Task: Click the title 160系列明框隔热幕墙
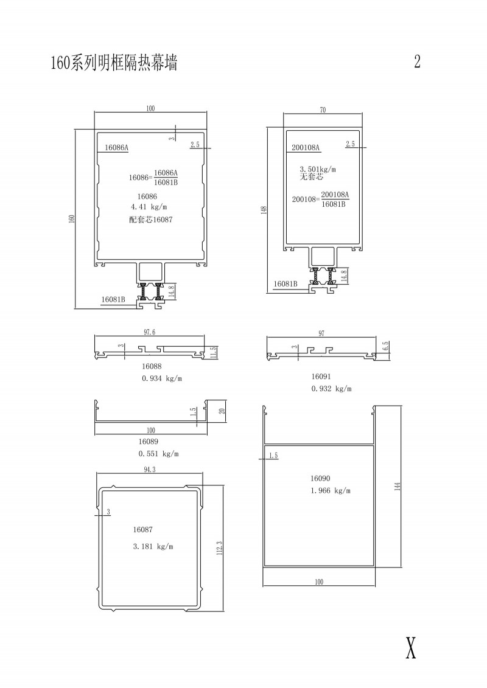click(x=114, y=62)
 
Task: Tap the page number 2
click(x=417, y=61)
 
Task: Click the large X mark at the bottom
click(x=410, y=647)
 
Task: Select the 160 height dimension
click(x=72, y=218)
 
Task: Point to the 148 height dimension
click(x=264, y=210)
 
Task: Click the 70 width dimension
click(x=323, y=110)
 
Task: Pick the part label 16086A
click(x=116, y=148)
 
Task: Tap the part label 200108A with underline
click(x=306, y=148)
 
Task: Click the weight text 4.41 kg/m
click(x=149, y=207)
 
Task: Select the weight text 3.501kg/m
click(x=318, y=169)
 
